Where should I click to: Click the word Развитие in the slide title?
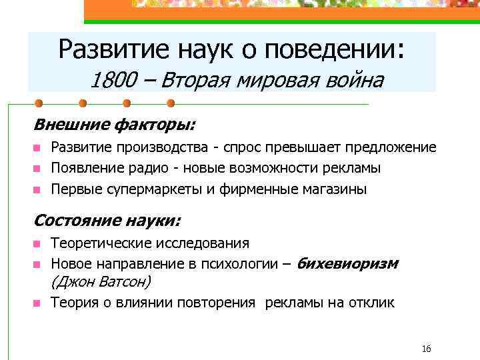point(106,49)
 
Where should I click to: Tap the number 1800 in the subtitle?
point(111,81)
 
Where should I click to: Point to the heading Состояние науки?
point(107,220)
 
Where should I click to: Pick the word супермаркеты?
point(150,189)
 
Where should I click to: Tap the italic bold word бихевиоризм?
point(347,263)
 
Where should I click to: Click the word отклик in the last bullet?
point(372,302)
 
